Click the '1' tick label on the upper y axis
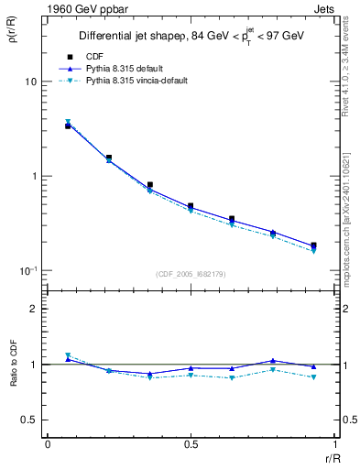click(x=34, y=176)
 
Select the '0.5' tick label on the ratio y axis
click(x=29, y=420)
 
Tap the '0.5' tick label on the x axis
click(x=191, y=444)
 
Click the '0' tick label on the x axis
click(x=48, y=444)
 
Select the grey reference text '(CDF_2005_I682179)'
click(x=191, y=273)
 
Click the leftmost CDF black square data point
click(x=68, y=125)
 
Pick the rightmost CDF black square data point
click(x=313, y=245)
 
